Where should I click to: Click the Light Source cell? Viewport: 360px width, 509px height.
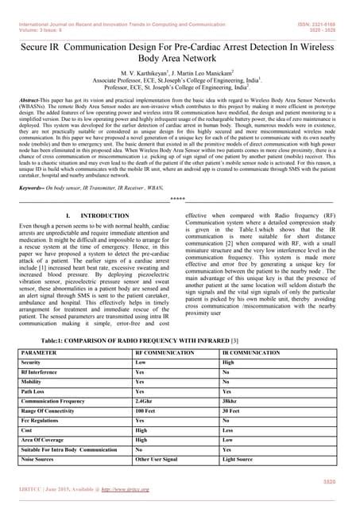click(x=240, y=460)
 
